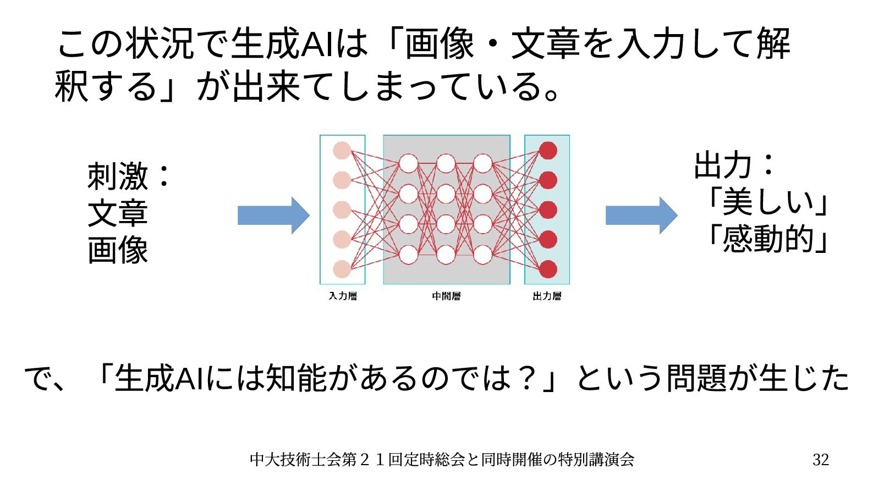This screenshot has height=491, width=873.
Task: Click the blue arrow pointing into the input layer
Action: point(273,215)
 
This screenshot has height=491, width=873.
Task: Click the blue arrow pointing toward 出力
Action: point(641,215)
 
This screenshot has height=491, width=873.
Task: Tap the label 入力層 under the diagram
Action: point(343,296)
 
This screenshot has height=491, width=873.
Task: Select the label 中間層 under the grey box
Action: point(446,296)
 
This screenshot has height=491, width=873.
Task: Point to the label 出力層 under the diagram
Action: point(547,296)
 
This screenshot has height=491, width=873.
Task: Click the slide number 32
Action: point(820,459)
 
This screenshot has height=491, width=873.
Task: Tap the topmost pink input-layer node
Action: point(342,151)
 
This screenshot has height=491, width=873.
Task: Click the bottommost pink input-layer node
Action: point(342,269)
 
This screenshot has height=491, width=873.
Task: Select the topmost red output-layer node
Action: point(548,151)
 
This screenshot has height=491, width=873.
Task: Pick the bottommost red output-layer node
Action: point(548,269)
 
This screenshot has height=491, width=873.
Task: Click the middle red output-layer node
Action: point(548,210)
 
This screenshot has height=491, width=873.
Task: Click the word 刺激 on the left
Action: point(118,176)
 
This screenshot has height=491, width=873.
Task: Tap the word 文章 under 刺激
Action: point(118,213)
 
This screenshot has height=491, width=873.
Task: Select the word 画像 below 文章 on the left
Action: point(118,250)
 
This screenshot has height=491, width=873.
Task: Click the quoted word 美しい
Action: point(768,202)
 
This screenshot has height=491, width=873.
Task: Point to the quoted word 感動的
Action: point(768,239)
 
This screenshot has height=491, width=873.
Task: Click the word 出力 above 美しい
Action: point(722,165)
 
